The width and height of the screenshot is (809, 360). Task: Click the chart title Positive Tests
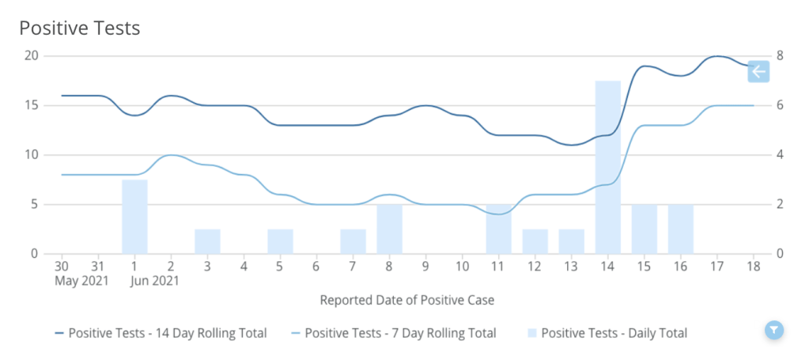coord(80,28)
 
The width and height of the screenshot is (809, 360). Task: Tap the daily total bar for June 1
coord(134,217)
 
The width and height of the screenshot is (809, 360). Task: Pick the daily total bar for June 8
coord(389,229)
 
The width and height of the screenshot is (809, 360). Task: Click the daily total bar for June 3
coord(207,241)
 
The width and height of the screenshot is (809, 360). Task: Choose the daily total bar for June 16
coord(680,229)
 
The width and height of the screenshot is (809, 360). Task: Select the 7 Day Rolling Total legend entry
coord(393,333)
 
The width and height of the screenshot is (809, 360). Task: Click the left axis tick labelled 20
coord(32,55)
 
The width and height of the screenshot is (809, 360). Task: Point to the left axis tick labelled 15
coord(32,105)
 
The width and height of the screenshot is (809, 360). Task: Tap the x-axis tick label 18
coord(753,267)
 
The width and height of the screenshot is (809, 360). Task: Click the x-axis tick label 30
coord(62,267)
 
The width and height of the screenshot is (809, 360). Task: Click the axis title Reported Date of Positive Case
coord(407,301)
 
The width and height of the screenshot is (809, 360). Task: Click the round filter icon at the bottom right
coord(774,330)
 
